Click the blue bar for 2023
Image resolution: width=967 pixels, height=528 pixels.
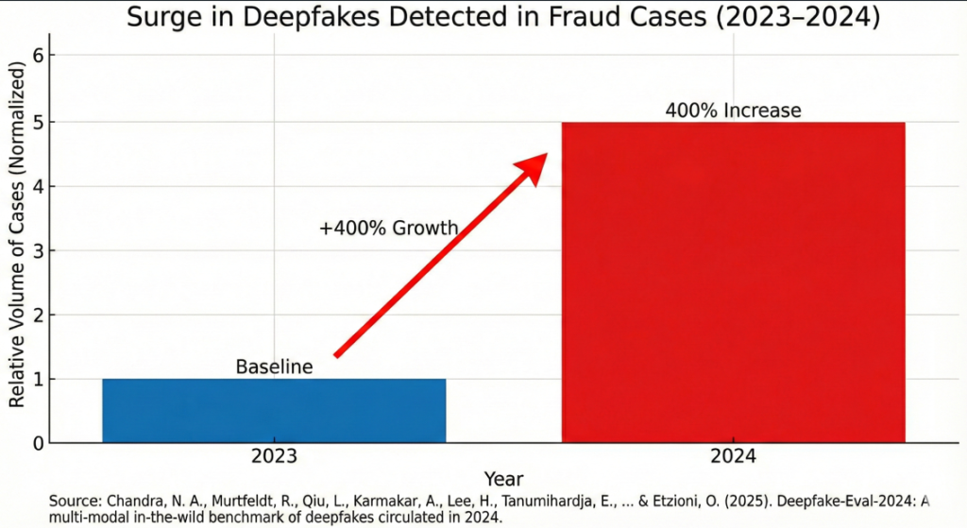pos(274,410)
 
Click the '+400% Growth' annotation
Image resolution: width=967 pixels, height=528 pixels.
pos(388,228)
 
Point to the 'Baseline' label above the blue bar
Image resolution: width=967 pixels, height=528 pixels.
pos(274,366)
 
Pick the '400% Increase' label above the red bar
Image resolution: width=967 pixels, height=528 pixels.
pos(733,111)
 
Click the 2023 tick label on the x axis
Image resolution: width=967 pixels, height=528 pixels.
pos(274,456)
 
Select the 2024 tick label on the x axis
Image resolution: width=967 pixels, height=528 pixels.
pos(733,456)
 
